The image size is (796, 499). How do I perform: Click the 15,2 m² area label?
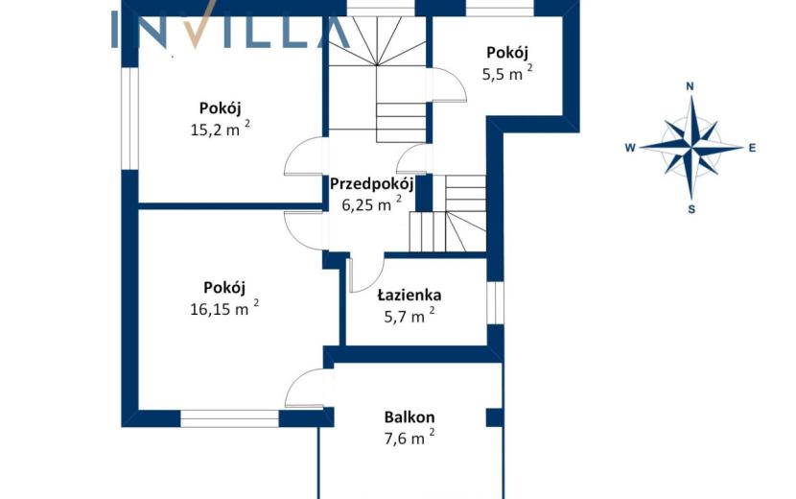tap(220, 129)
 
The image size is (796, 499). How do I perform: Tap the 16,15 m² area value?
tap(224, 307)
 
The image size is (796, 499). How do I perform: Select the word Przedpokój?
tap(371, 183)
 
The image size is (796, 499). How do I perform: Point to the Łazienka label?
tap(410, 295)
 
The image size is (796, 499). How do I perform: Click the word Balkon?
tap(410, 417)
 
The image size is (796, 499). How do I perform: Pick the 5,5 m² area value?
tap(507, 73)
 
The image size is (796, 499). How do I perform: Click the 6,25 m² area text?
tap(371, 203)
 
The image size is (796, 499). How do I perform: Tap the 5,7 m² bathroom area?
tap(410, 316)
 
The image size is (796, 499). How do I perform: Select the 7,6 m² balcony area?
tap(410, 438)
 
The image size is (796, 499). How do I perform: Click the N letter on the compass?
tap(690, 86)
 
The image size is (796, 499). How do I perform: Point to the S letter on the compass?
tap(691, 209)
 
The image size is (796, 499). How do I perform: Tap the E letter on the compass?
tap(752, 148)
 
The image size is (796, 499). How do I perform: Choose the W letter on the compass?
tap(630, 148)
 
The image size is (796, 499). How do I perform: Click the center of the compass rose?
tap(691, 148)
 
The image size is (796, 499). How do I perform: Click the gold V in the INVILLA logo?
tap(195, 24)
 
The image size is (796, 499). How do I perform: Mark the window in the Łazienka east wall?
tap(496, 303)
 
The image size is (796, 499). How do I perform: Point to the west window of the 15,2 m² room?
tap(130, 118)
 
